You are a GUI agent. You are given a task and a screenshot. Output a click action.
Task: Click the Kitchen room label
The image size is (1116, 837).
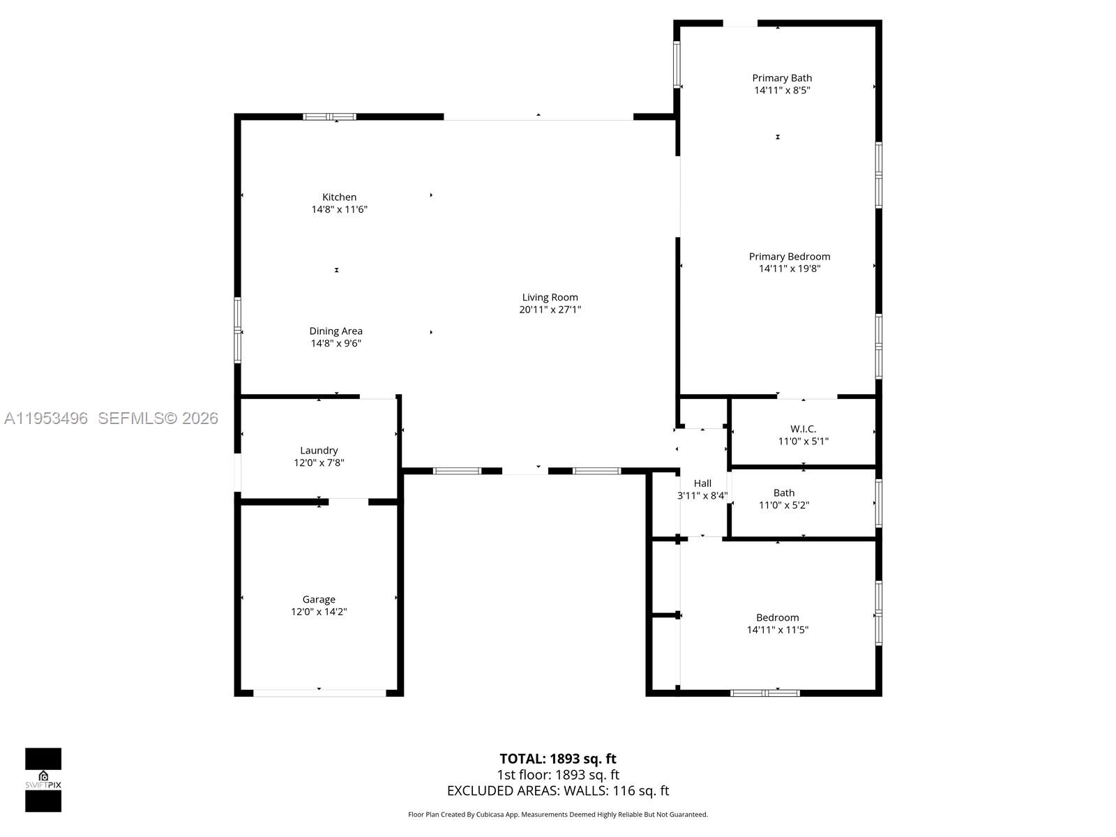(x=339, y=197)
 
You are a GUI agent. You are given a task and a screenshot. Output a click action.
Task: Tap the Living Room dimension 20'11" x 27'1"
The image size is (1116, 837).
(x=550, y=310)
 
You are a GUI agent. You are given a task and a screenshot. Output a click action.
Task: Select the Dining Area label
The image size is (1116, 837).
(x=335, y=331)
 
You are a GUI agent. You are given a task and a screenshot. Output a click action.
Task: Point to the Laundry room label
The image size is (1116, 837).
(x=319, y=451)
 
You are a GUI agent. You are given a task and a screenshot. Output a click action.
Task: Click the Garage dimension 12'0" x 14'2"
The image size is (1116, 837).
(x=319, y=612)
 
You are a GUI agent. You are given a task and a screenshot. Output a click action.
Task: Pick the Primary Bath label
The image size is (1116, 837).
(x=782, y=78)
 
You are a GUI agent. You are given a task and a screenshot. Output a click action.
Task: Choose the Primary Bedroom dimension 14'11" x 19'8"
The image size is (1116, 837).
(x=790, y=269)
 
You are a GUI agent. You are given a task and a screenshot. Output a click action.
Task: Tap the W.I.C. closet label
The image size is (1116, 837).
(x=803, y=429)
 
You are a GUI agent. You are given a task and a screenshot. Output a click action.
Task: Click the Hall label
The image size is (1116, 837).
(x=702, y=483)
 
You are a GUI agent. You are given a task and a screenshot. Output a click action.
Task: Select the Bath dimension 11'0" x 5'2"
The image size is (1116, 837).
(x=784, y=505)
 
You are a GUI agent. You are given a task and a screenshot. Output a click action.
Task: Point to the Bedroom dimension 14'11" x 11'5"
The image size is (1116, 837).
(x=777, y=630)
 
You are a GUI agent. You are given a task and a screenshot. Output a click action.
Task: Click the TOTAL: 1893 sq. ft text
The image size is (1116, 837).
(x=558, y=759)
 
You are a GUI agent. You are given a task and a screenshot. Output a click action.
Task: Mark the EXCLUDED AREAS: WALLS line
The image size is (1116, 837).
(x=558, y=791)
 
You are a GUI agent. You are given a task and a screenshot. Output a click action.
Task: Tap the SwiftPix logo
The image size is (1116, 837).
(x=43, y=780)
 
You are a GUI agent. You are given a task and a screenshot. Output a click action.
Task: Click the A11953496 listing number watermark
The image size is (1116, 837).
(x=46, y=418)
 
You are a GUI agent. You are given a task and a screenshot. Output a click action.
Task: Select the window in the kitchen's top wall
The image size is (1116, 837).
(x=329, y=116)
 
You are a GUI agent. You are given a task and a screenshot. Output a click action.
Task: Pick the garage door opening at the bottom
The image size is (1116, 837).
(x=319, y=693)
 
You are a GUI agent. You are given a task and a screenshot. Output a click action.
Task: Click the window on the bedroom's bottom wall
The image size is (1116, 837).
(x=764, y=693)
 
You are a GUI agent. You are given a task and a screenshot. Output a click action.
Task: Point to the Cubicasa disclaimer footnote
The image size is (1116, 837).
(x=558, y=815)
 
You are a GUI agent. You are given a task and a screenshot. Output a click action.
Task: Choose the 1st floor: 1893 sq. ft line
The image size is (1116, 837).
(x=558, y=775)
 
